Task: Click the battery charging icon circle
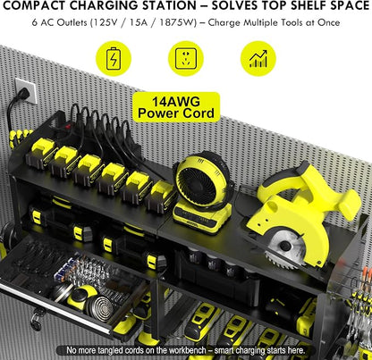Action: coord(114,58)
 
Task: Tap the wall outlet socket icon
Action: coord(186,58)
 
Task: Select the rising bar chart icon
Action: coord(258,58)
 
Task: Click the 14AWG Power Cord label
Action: coord(176,107)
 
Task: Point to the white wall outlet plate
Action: coord(26,90)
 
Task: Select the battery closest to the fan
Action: coord(161,197)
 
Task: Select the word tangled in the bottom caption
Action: coord(109,350)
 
